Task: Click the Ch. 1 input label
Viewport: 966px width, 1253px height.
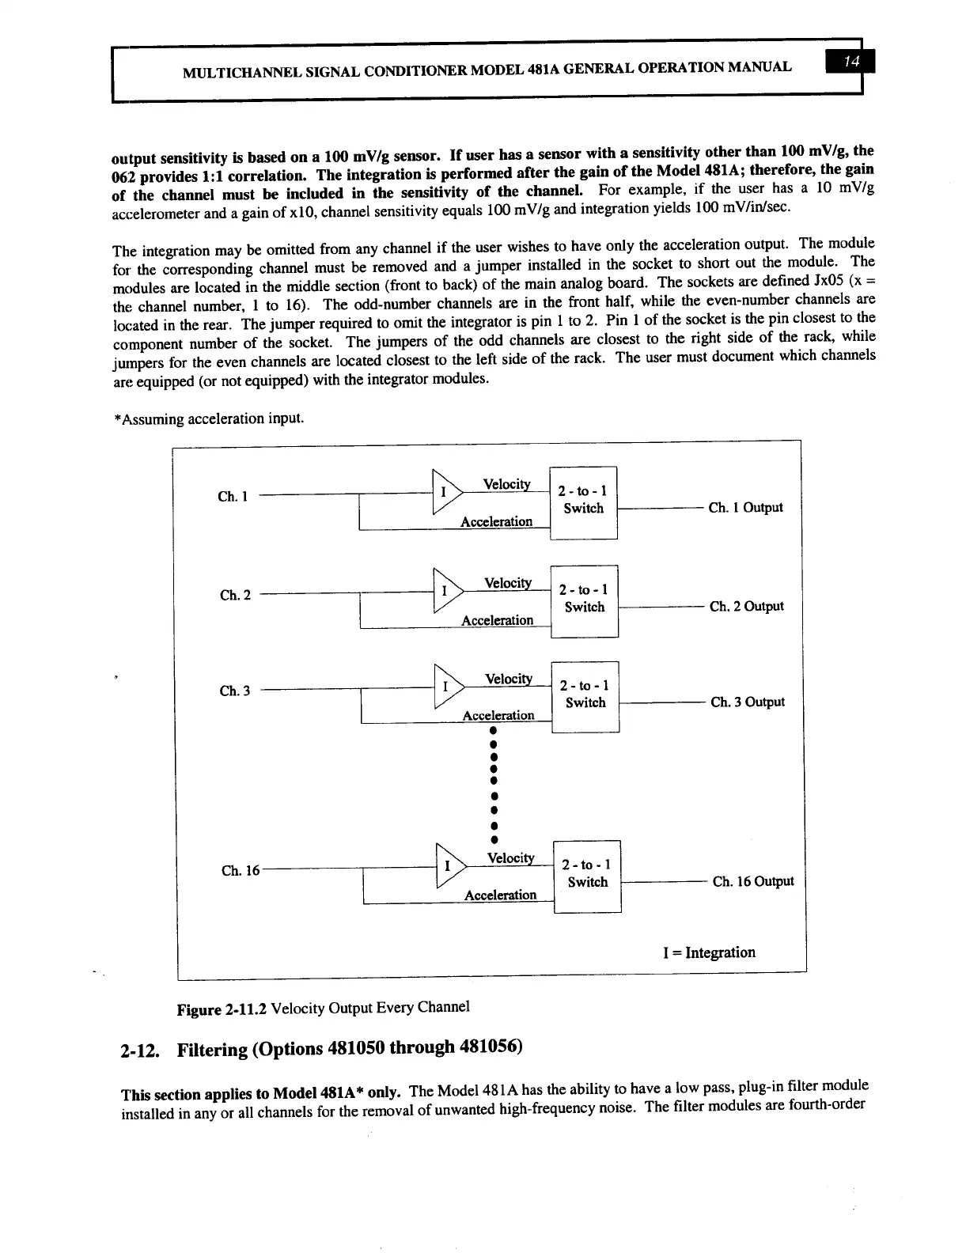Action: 233,497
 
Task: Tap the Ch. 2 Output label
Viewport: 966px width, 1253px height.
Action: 746,606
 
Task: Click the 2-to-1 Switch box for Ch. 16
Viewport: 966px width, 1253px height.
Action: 587,875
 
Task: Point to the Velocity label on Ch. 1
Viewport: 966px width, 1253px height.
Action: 506,484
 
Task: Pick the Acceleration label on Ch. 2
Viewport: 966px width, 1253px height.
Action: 497,620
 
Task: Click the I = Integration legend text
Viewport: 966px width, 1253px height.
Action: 709,952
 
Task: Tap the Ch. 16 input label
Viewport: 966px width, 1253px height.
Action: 240,870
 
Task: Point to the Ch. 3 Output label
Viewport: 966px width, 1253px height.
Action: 747,702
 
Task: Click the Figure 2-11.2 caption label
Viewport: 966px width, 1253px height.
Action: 222,1009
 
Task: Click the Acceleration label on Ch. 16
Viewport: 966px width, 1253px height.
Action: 500,895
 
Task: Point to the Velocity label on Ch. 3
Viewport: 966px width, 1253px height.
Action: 508,679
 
